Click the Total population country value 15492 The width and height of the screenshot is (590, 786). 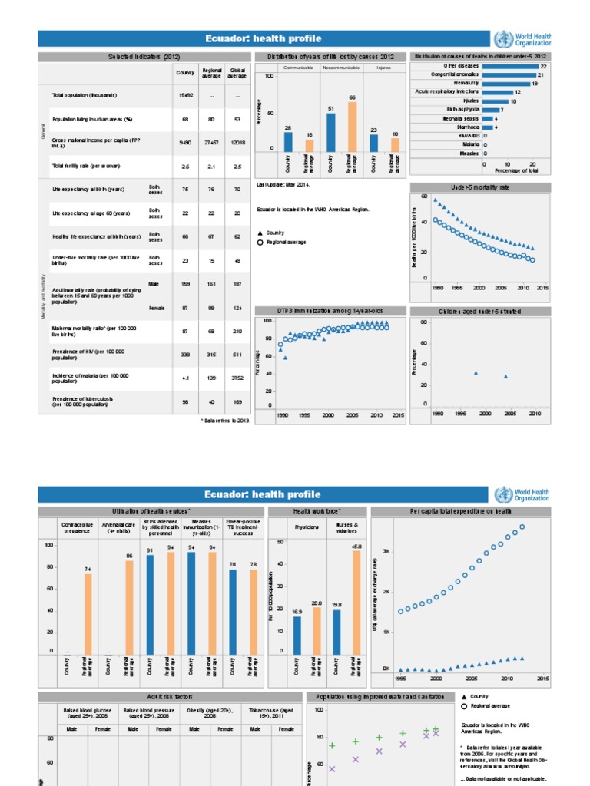[x=184, y=95]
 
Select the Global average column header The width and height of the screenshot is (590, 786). [x=237, y=71]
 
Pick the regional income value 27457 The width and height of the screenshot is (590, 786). [x=211, y=143]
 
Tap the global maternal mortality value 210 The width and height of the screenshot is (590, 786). [x=237, y=331]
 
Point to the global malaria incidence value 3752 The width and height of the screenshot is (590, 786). [x=237, y=378]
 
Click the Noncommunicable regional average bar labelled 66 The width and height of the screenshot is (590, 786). [x=352, y=127]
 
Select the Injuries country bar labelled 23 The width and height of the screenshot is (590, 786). [x=374, y=143]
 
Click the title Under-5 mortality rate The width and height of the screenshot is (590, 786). [x=479, y=187]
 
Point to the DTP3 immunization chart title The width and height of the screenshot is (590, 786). [x=330, y=311]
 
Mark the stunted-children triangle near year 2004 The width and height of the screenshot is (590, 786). [x=505, y=377]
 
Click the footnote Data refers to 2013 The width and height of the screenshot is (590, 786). [x=226, y=421]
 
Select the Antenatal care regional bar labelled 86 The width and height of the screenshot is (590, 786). [x=130, y=606]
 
